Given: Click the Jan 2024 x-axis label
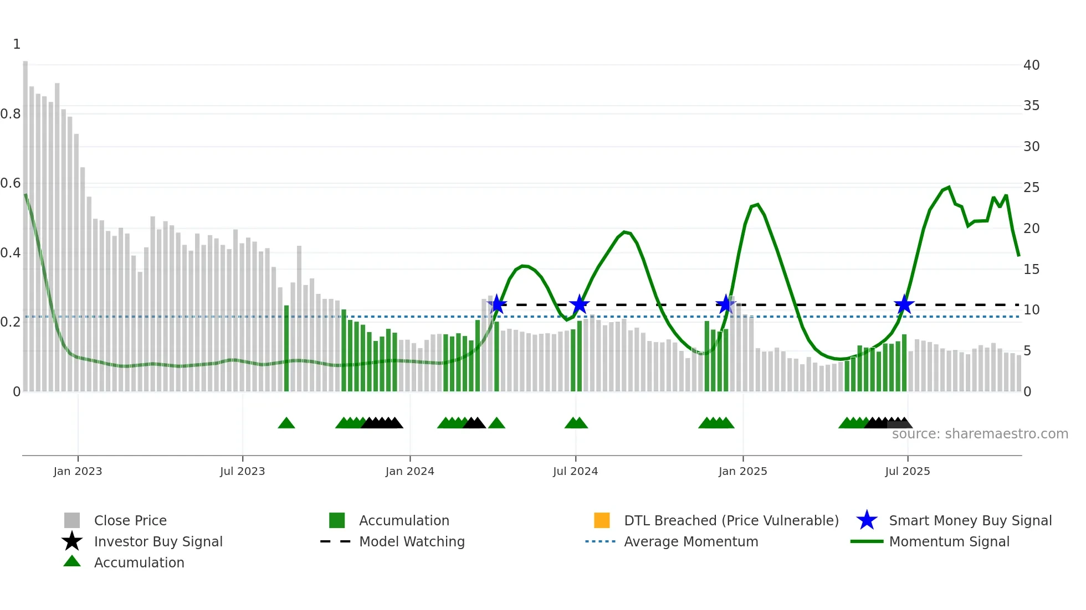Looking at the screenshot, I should click(409, 471).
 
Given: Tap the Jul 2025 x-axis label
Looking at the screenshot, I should click(907, 471).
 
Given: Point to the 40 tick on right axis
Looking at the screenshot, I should click(1031, 65).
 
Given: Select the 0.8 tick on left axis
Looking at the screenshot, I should click(11, 114).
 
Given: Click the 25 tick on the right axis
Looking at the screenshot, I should click(1031, 188).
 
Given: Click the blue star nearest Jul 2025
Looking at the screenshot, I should click(904, 304).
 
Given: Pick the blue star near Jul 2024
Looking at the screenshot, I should click(579, 304).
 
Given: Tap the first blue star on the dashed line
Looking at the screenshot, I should click(497, 304).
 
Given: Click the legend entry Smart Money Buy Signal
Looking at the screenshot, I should click(970, 520).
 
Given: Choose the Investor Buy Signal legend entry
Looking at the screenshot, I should click(158, 541).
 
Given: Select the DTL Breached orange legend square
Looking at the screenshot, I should click(602, 520).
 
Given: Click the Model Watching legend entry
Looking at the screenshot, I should click(412, 541).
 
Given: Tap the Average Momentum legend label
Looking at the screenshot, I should click(691, 541).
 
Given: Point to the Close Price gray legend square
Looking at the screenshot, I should click(72, 520).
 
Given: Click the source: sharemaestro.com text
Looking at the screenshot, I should click(980, 434).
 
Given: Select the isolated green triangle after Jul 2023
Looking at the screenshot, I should click(286, 423).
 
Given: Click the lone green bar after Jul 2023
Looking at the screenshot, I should click(286, 349).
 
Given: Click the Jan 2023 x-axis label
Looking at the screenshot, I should click(78, 471).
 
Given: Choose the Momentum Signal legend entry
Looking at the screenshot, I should click(949, 541).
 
